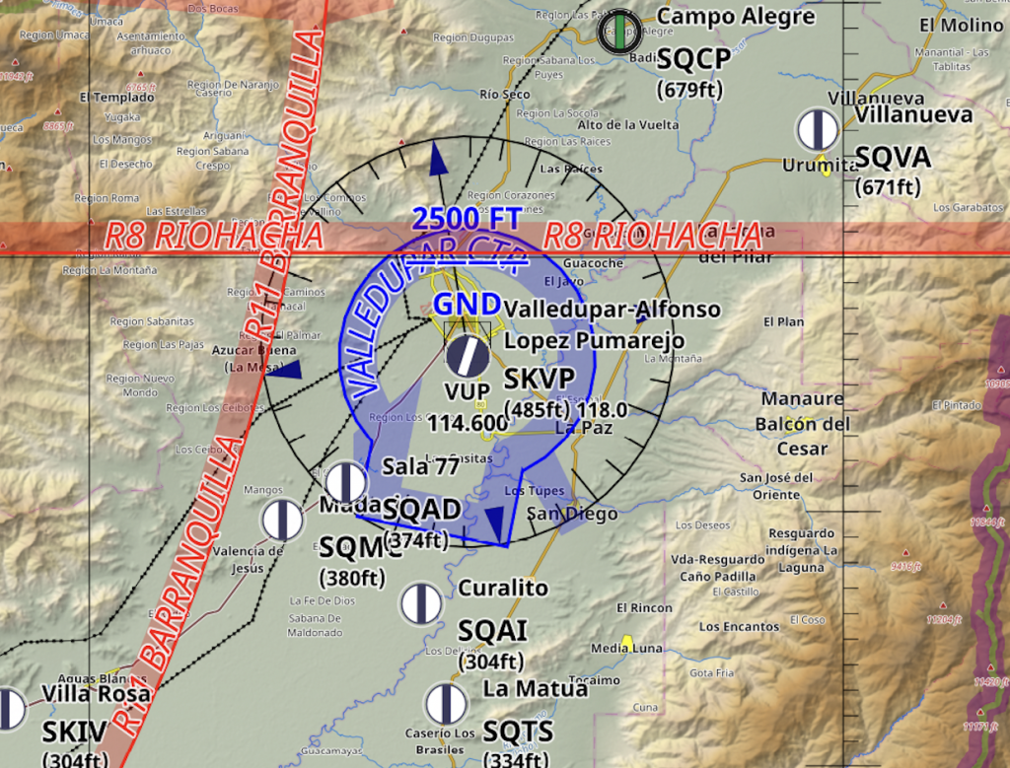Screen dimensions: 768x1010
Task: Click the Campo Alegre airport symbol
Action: pos(619,31)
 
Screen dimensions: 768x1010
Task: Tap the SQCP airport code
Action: pos(693,60)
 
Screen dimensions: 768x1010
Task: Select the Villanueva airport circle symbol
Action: pos(818,129)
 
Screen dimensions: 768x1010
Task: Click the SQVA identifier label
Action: pos(893,158)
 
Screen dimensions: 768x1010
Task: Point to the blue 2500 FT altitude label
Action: pos(466,218)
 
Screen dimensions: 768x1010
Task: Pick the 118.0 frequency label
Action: pos(602,410)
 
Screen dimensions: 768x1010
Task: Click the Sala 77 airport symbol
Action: pos(346,482)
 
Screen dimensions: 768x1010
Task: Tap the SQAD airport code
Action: pos(421,510)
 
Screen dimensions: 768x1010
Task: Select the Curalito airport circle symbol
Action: pos(421,602)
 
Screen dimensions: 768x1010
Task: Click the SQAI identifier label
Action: pos(492,631)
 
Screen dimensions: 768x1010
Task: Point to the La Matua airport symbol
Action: pos(446,703)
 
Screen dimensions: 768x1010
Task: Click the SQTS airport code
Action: pos(518,732)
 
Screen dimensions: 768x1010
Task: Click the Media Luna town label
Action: pos(626,648)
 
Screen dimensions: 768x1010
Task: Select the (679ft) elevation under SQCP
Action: pos(690,90)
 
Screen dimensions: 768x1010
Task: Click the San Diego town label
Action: pos(572,514)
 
